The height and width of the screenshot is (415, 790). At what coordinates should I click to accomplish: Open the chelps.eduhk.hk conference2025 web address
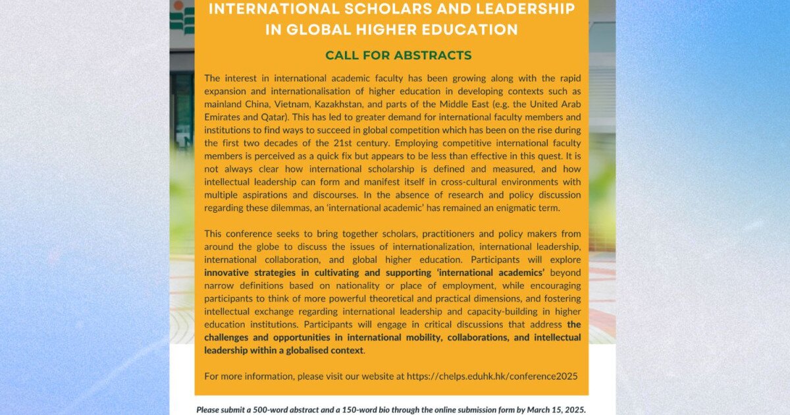(492, 376)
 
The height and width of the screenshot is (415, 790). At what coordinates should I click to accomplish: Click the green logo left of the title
(182, 16)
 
